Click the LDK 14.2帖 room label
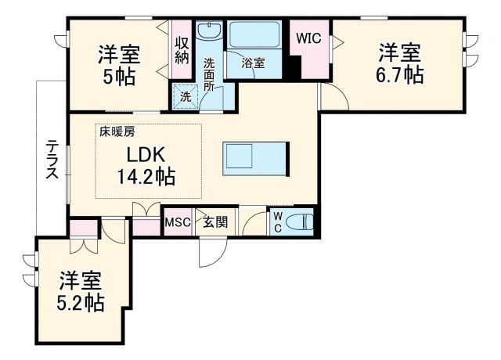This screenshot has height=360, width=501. pyautogui.click(x=144, y=164)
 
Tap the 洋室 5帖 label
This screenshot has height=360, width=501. pyautogui.click(x=119, y=66)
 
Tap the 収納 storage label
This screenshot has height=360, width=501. pyautogui.click(x=182, y=49)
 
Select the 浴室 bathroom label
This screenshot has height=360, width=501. pyautogui.click(x=253, y=63)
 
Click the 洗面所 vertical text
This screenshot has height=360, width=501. pyautogui.click(x=210, y=74)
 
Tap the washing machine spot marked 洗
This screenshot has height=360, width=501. pyautogui.click(x=186, y=98)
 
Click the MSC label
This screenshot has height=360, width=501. pyautogui.click(x=176, y=222)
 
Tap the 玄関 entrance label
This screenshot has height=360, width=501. pyautogui.click(x=215, y=222)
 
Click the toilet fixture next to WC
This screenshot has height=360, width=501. pyautogui.click(x=300, y=222)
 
